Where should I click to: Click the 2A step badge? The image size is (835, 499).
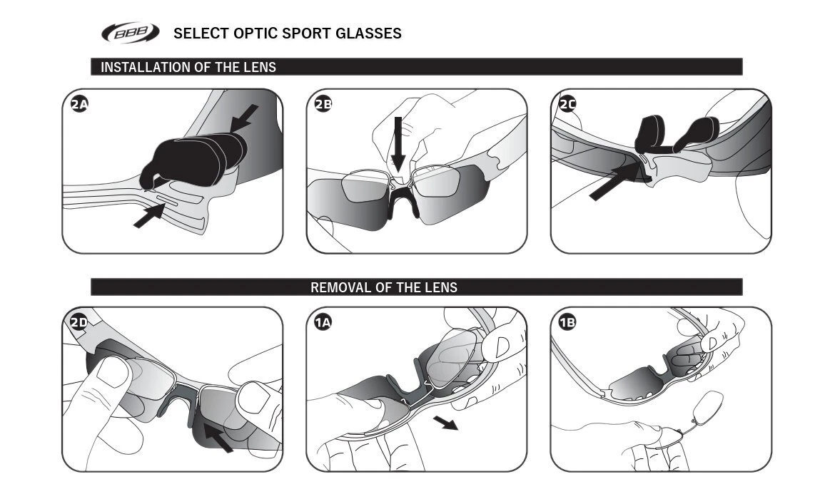(79, 105)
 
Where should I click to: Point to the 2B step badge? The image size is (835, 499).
(323, 105)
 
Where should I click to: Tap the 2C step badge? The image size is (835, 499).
(567, 105)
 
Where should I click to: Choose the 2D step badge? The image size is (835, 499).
(79, 322)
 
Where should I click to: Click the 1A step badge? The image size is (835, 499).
(323, 322)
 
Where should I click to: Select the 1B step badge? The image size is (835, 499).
(567, 322)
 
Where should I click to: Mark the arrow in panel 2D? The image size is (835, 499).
(217, 436)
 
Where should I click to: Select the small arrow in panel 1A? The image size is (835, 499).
(447, 424)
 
